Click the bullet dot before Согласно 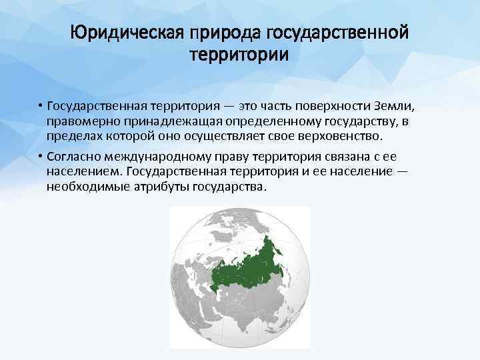point(41,157)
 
